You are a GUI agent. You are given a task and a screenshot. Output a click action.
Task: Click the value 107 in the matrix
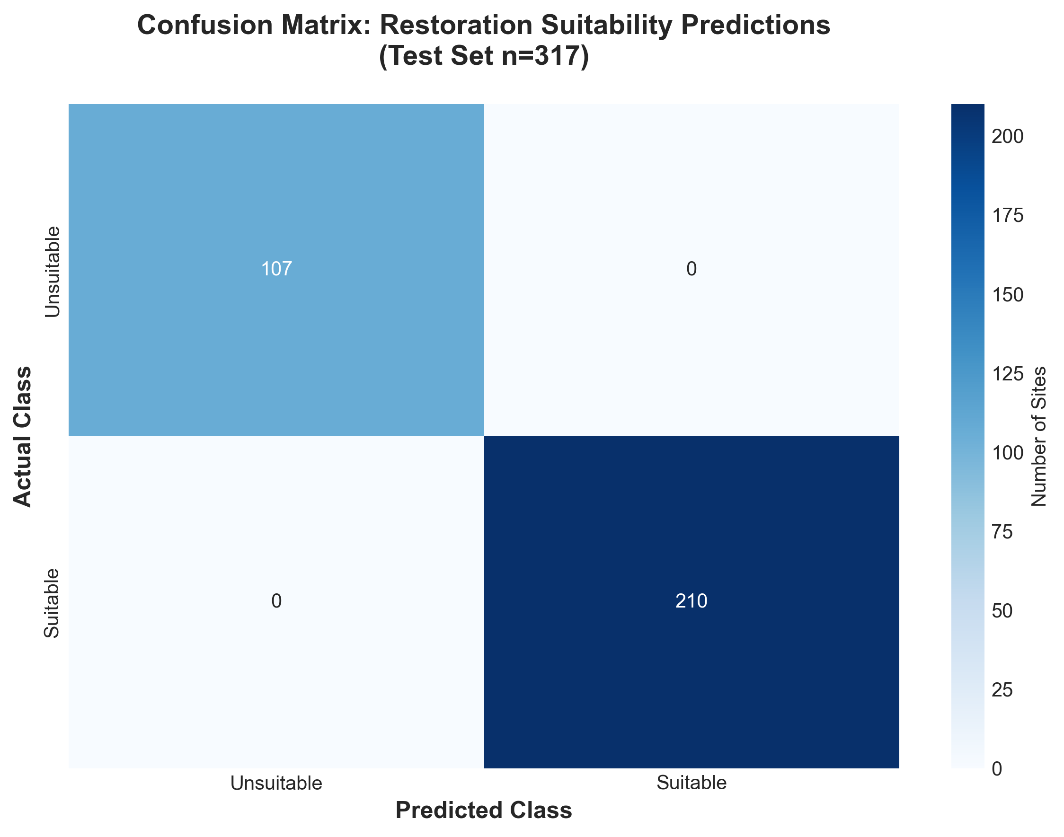[276, 269]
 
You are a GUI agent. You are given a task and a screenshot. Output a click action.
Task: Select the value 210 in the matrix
[691, 601]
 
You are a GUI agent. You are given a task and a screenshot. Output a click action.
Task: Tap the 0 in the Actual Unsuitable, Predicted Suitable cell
[691, 269]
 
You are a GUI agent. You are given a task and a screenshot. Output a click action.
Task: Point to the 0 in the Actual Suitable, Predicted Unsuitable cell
[276, 601]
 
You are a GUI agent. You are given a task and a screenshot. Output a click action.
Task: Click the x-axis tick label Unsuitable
[276, 783]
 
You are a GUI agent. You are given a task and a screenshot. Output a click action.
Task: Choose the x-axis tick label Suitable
[691, 783]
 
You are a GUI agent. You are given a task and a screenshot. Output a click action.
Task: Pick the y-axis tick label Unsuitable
[53, 272]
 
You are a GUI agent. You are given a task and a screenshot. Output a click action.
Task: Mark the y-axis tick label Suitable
[52, 603]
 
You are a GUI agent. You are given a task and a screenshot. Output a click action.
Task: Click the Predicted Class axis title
[484, 811]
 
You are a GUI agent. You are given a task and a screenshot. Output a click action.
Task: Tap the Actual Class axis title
[23, 436]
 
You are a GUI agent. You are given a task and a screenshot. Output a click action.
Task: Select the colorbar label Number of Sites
[1038, 436]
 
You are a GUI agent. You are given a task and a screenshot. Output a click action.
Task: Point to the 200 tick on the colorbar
[1008, 137]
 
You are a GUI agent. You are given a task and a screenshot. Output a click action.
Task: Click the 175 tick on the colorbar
[1008, 216]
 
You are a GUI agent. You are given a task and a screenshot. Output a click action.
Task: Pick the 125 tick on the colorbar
[1008, 374]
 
